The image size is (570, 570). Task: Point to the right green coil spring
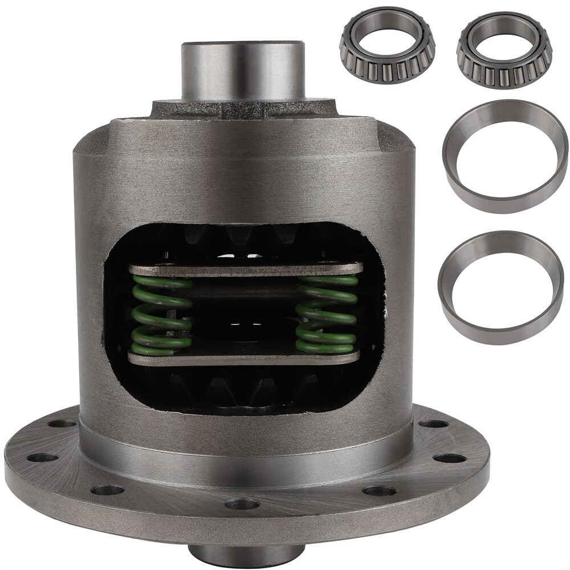point(327,313)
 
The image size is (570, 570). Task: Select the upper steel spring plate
point(245,269)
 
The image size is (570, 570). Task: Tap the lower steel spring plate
point(245,357)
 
